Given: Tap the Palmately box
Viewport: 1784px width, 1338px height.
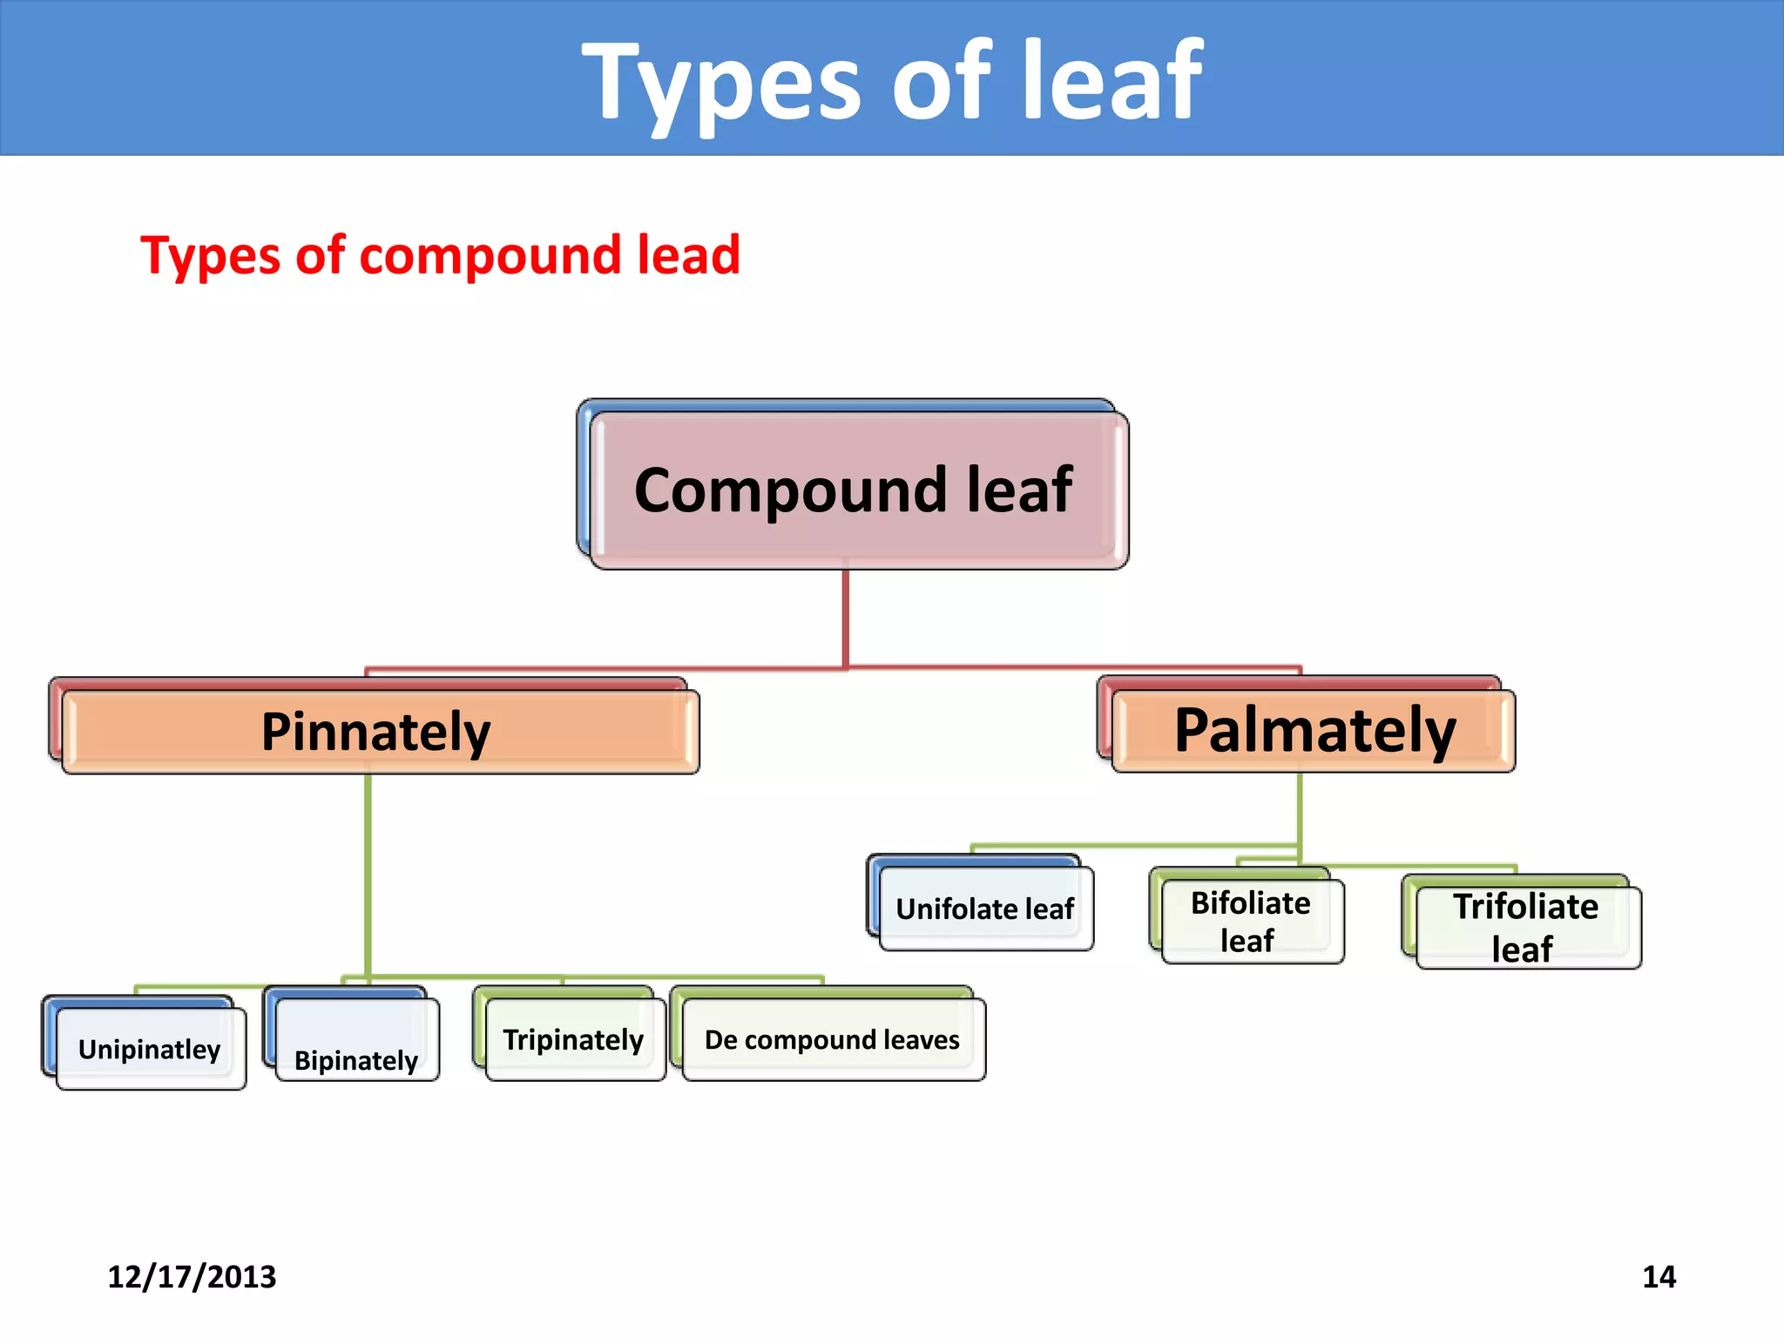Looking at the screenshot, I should (x=1314, y=730).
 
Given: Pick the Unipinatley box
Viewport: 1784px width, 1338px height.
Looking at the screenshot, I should (x=150, y=1049).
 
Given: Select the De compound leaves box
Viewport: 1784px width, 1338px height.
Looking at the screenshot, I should (x=833, y=1039).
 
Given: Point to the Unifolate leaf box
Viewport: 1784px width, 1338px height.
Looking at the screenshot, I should (x=985, y=909).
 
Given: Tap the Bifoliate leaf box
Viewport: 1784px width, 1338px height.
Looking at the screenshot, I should (x=1252, y=922).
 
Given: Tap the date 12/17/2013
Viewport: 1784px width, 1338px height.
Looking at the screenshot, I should (x=192, y=1277).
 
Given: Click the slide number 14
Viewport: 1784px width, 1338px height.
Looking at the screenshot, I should (x=1659, y=1277).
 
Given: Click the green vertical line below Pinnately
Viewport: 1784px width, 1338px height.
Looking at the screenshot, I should (x=368, y=871).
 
